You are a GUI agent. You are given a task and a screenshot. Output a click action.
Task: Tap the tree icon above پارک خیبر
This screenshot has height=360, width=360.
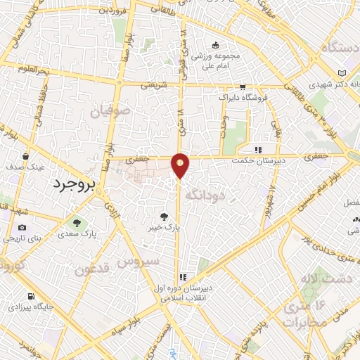[165, 217]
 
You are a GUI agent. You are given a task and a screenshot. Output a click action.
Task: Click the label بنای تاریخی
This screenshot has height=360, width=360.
[23, 238]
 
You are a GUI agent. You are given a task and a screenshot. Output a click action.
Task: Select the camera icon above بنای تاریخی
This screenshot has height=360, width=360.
[22, 227]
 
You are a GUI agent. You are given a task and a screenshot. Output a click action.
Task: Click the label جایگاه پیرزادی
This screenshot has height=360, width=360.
[30, 307]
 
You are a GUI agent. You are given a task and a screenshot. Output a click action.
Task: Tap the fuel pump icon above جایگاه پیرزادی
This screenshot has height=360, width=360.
[30, 295]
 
